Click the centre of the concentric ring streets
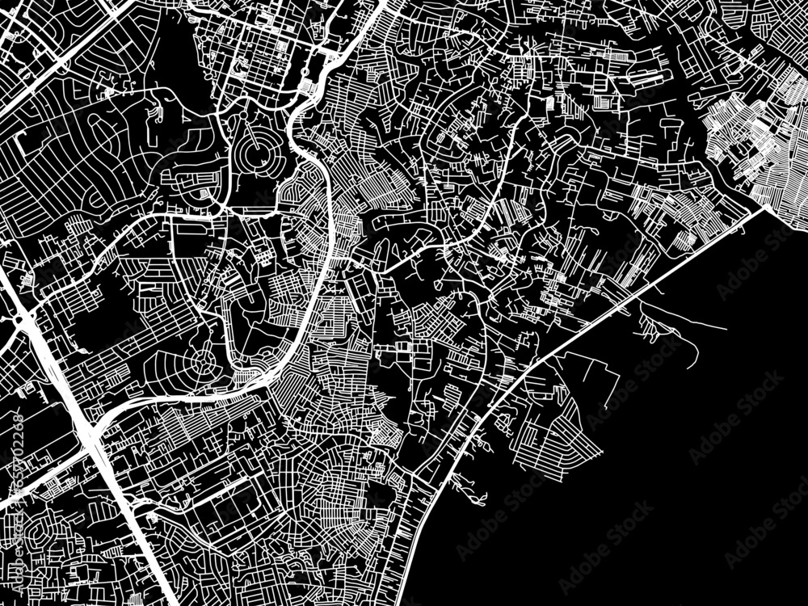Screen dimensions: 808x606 pyautogui.click(x=257, y=153)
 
